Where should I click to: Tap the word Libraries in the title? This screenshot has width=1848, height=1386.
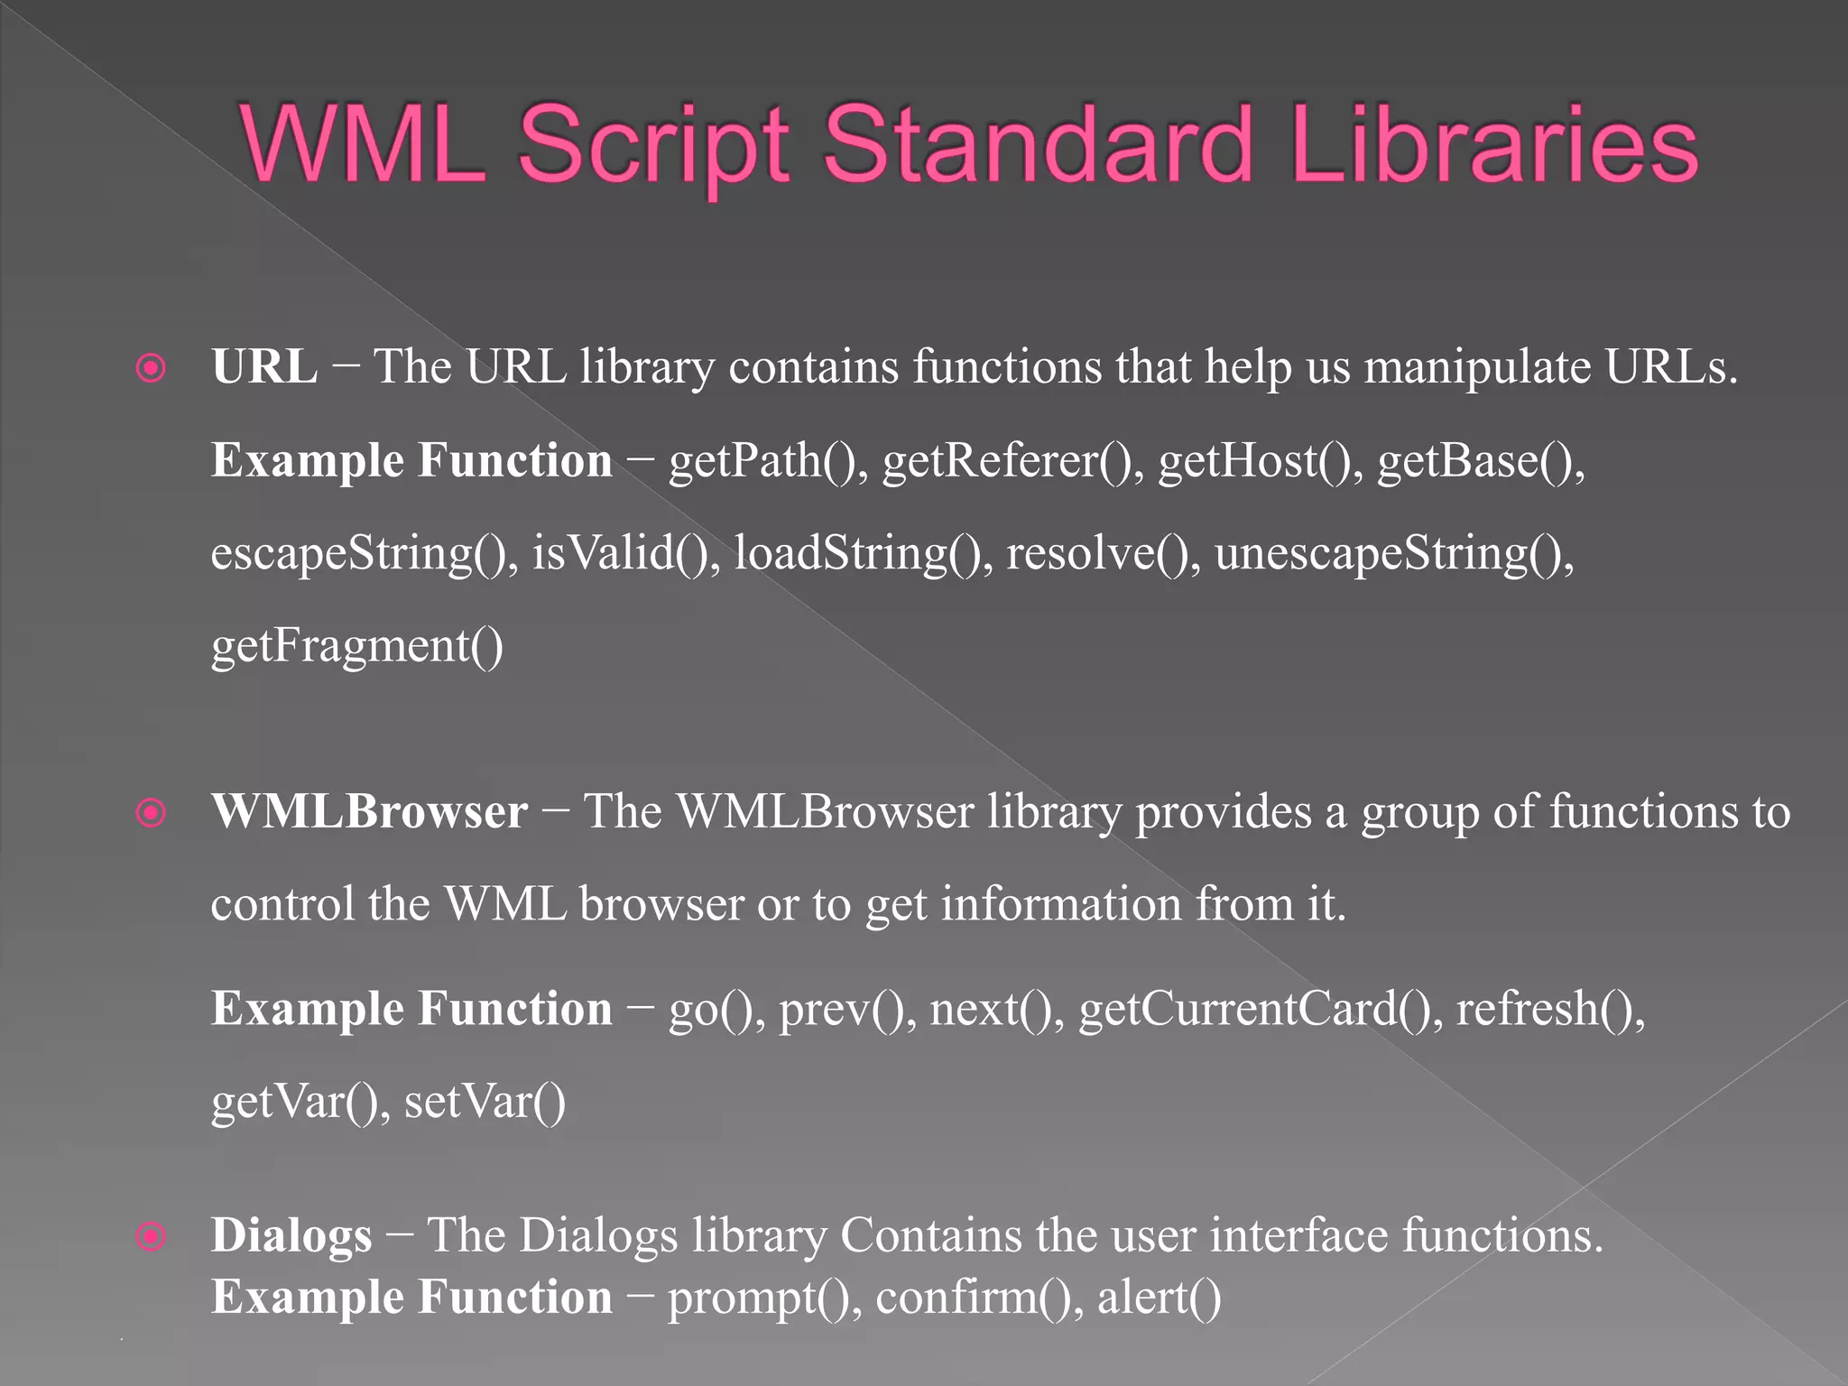1494,144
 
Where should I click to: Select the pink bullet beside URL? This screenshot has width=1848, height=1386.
151,367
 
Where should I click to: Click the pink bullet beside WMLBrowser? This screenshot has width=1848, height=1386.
151,813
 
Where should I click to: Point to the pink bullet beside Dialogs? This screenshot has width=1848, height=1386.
151,1236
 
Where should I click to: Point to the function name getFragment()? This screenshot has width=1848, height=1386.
357,647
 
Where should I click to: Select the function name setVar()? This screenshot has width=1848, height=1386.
485,1102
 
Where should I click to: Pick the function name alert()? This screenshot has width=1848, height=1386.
1159,1298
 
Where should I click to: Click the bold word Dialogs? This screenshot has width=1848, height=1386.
291,1236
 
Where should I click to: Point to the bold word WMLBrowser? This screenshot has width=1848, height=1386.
369,811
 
